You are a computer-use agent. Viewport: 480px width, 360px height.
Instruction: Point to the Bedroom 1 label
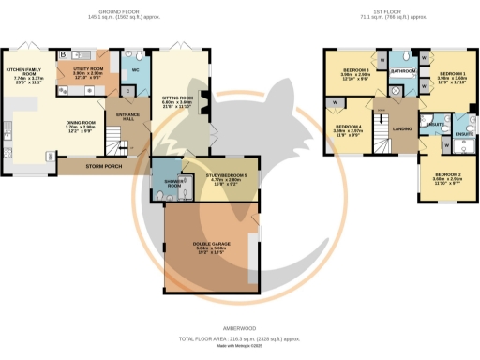pos(451,73)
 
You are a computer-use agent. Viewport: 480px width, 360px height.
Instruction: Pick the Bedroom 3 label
pos(354,71)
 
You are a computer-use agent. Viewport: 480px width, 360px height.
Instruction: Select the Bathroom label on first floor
pos(404,70)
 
